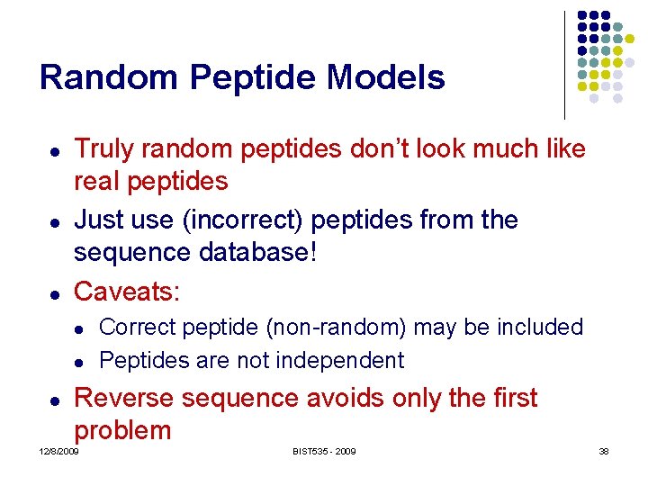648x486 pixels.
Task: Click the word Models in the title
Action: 386,77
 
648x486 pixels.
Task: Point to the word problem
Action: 122,430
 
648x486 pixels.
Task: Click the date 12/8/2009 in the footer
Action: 59,451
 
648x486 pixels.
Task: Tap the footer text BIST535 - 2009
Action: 323,451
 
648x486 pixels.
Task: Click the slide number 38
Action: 604,451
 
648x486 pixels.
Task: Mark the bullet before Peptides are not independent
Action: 79,362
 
